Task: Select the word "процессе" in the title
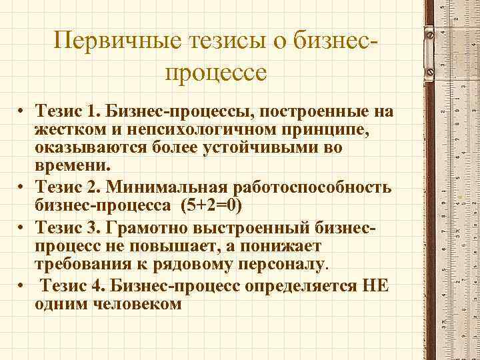(213, 71)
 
